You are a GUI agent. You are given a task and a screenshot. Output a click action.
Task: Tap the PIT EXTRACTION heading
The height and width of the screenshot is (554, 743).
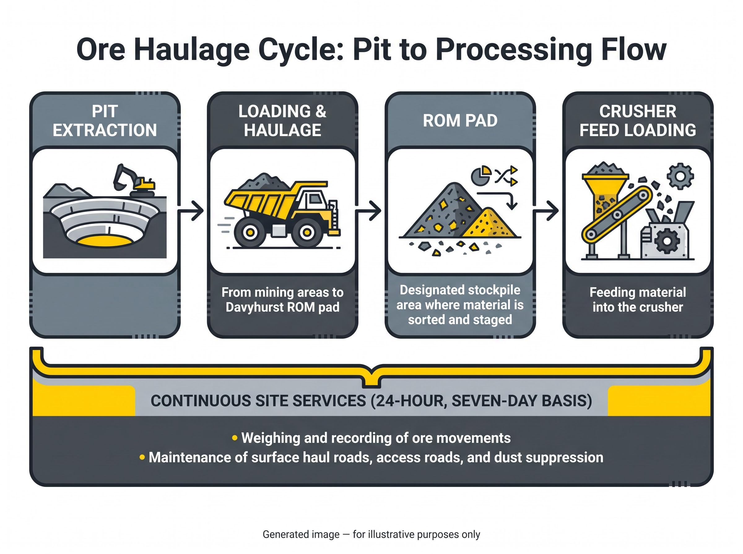point(105,121)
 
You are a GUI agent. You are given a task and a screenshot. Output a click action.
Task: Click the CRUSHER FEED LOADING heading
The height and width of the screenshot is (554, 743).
point(637,121)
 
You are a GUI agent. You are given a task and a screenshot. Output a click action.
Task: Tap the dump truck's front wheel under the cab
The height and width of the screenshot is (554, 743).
point(306,232)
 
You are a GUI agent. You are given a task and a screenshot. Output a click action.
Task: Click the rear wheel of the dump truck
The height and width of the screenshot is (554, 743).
point(250,232)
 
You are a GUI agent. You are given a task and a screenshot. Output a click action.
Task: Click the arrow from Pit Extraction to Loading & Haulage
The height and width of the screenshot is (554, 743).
point(190,211)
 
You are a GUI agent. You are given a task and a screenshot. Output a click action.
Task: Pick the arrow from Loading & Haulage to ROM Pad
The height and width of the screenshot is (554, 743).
point(368,211)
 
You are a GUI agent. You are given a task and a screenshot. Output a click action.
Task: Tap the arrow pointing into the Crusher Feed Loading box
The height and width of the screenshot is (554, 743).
point(545,211)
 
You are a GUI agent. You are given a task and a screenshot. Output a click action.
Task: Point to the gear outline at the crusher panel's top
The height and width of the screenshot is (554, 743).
point(680,176)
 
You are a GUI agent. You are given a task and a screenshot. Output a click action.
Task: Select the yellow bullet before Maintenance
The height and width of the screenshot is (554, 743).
point(142,457)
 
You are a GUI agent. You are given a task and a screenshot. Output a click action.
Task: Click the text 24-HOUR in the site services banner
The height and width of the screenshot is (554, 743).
point(409,401)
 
